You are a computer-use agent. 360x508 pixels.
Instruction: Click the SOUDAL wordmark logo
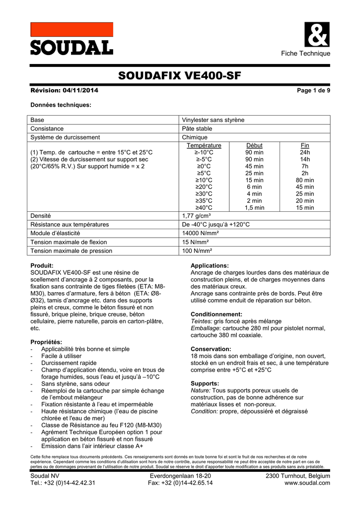72,48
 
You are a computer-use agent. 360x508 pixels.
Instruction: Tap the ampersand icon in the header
316,35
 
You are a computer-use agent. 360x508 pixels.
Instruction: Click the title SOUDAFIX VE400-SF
180,76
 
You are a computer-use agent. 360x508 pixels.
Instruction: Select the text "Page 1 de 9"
313,90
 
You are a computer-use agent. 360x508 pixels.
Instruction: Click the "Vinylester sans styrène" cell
213,120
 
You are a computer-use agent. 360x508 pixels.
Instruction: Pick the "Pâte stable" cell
197,128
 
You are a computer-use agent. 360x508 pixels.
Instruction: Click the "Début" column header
254,145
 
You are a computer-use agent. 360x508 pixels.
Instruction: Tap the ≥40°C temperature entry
204,208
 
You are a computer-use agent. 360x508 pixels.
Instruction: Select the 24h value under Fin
305,152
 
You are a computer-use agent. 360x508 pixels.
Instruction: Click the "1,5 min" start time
254,208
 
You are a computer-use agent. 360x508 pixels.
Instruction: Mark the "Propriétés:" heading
46,342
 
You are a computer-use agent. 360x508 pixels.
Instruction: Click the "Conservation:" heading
211,349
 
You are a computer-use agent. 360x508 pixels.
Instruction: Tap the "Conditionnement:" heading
216,314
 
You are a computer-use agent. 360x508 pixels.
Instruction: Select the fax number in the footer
180,483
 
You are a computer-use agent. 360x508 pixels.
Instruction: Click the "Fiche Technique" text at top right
305,54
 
